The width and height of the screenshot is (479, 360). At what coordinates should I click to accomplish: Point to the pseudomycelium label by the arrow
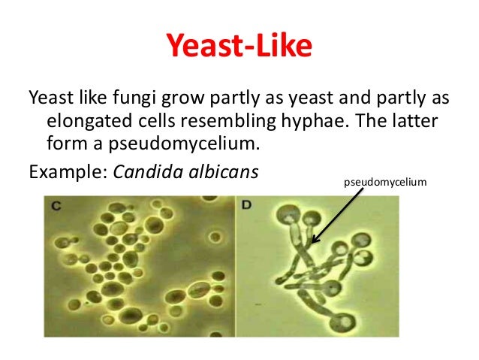point(384,182)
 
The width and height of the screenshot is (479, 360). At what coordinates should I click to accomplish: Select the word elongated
point(85,122)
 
